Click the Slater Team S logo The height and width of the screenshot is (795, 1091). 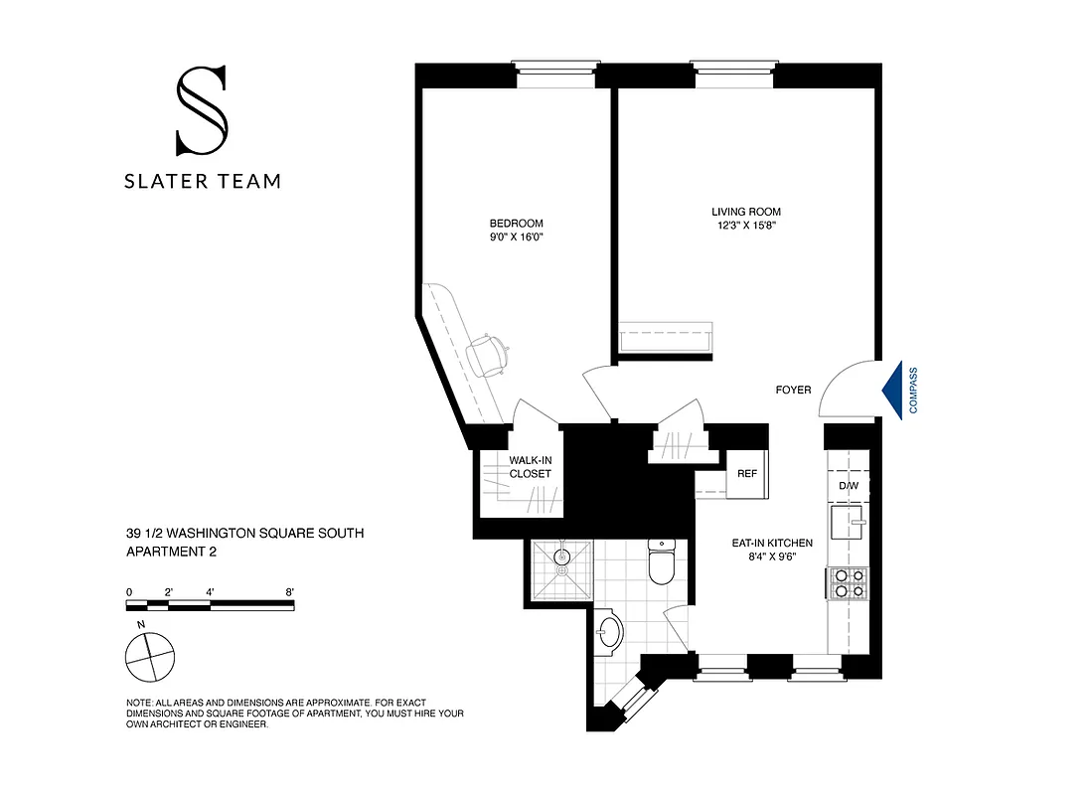point(202,110)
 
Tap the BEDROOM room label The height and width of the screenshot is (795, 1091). point(516,224)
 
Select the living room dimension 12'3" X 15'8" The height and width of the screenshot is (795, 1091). point(745,226)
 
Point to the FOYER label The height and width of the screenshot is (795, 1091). point(793,390)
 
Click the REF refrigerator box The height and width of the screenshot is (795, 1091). point(746,473)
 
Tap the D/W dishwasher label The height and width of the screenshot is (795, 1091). point(848,486)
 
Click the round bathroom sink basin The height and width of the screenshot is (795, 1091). point(608,632)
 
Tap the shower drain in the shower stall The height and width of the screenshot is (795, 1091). point(561,571)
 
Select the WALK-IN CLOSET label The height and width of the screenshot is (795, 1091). point(530,467)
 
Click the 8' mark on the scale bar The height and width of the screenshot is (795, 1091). point(289,592)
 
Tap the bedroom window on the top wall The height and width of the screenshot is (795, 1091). point(556,76)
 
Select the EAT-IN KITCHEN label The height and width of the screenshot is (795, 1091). point(772,543)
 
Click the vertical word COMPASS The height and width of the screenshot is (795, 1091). point(913,390)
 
